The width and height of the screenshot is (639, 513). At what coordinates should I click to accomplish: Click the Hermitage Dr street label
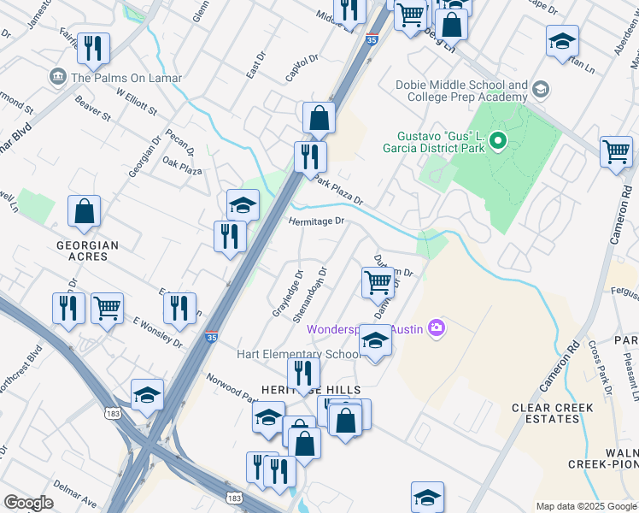pyautogui.click(x=315, y=221)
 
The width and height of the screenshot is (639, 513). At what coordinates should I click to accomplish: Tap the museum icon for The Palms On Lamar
pyautogui.click(x=59, y=78)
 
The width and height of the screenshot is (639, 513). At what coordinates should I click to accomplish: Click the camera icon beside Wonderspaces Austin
pyautogui.click(x=437, y=328)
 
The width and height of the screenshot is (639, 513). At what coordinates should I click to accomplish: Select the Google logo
pyautogui.click(x=28, y=503)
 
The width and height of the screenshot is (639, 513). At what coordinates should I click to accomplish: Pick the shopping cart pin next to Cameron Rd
pyautogui.click(x=616, y=152)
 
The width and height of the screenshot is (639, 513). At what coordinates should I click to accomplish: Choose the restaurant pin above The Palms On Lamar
pyautogui.click(x=93, y=48)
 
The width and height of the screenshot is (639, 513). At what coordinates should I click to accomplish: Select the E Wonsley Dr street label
pyautogui.click(x=158, y=332)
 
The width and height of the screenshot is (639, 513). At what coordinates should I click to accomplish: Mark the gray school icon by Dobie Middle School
pyautogui.click(x=540, y=89)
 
